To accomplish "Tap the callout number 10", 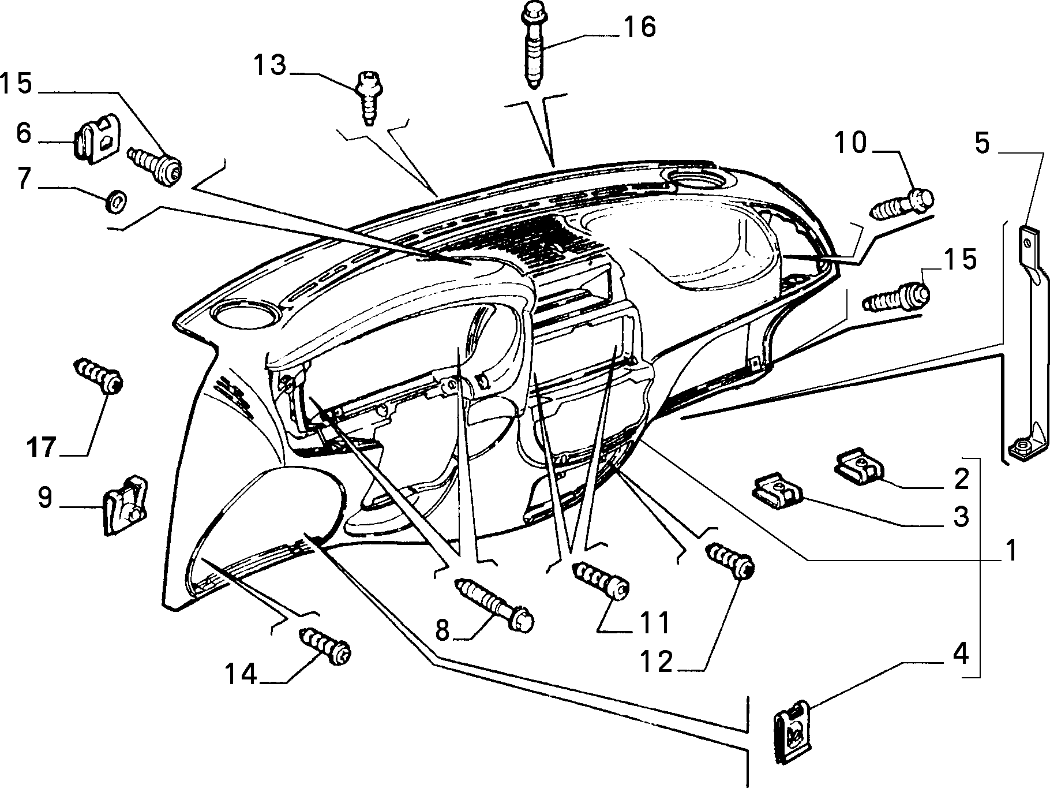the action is point(852,144).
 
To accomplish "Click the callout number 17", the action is point(41,447).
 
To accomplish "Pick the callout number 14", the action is point(241,674).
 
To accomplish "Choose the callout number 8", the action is point(442,630).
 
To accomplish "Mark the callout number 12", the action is point(656,662).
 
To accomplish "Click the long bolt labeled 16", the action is point(534,46).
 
